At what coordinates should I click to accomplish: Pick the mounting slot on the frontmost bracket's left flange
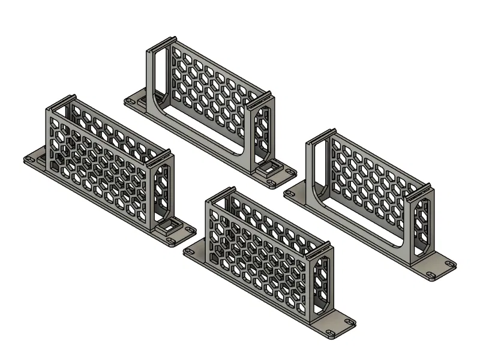pos(191,253)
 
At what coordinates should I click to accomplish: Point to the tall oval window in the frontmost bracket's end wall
pos(323,286)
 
